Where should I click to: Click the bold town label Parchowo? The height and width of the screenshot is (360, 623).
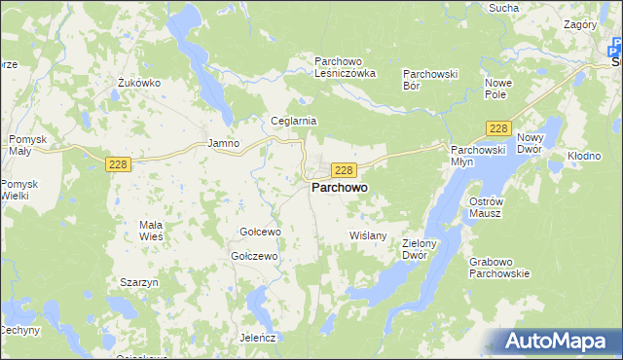tap(339, 188)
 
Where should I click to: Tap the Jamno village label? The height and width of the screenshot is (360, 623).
tap(223, 143)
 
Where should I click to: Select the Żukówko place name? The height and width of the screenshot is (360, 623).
tap(138, 83)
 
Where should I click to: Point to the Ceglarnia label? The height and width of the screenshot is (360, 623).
tap(294, 122)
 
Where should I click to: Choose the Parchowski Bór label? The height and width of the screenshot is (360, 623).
tap(430, 80)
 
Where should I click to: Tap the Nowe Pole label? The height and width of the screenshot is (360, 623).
tap(497, 89)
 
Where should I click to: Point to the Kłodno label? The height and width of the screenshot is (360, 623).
tap(584, 156)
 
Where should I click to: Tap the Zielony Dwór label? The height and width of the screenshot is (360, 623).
tap(421, 250)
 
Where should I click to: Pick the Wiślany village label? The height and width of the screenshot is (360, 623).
tap(368, 235)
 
